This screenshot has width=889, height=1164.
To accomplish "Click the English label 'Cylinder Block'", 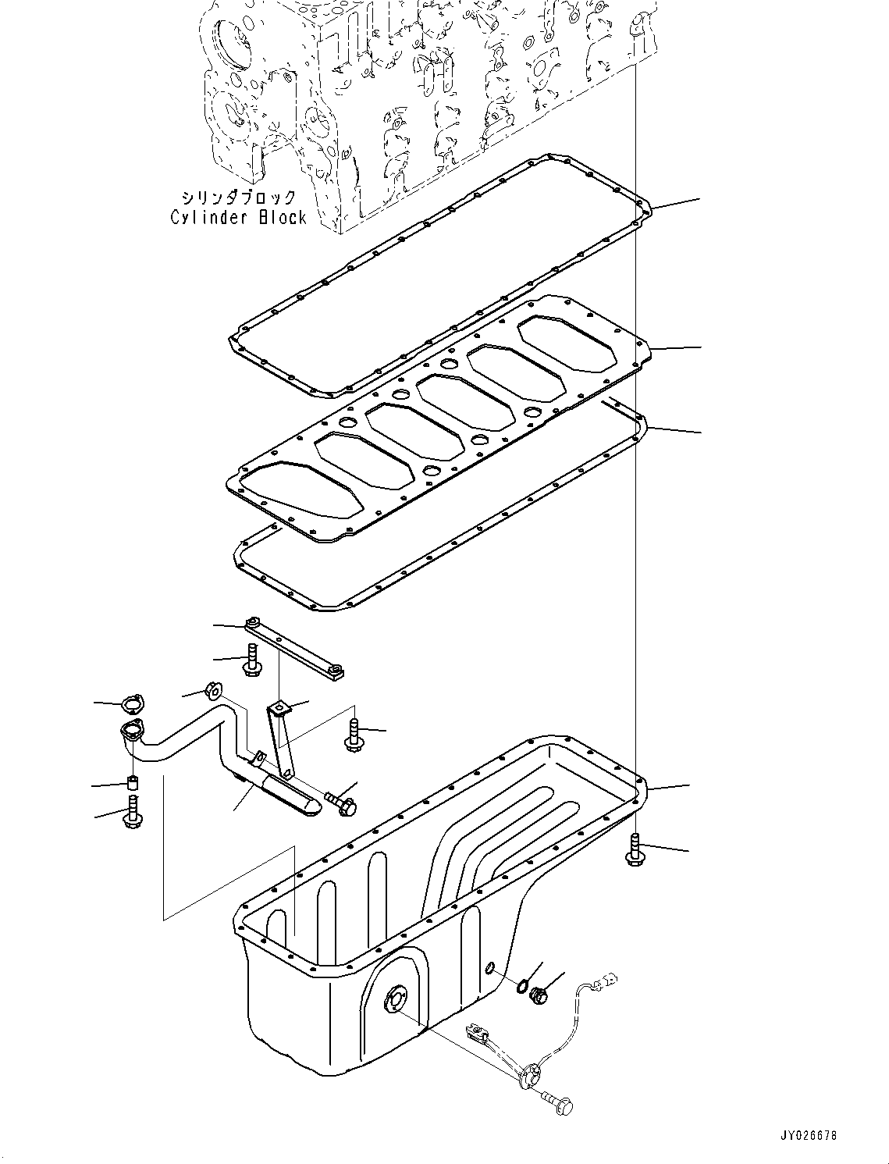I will (239, 217).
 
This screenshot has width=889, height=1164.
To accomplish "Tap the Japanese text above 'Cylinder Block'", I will (238, 198).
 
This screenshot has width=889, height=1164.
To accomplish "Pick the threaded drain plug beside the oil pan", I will (537, 995).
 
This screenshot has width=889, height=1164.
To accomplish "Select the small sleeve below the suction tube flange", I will (133, 782).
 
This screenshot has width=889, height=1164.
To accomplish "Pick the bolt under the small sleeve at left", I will (132, 812).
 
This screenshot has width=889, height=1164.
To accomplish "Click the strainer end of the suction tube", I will (289, 798).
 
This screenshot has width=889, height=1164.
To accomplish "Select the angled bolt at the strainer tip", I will (340, 804).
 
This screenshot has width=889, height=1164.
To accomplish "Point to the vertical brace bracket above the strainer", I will (281, 738).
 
